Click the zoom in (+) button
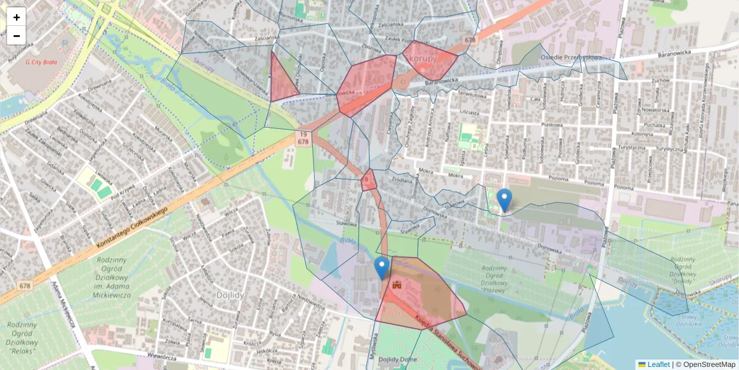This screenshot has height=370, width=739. [x=17, y=17]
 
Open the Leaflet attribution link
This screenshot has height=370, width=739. [x=658, y=364]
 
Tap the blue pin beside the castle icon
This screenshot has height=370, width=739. [x=382, y=268]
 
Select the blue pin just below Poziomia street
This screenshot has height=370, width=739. [x=504, y=200]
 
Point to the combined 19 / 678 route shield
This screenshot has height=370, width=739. [x=302, y=138]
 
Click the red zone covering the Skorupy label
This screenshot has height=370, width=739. [x=430, y=60]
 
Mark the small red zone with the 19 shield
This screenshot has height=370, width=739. [x=368, y=181]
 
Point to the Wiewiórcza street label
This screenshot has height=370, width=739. [x=168, y=355]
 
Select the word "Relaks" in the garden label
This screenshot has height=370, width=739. [x=25, y=350]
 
